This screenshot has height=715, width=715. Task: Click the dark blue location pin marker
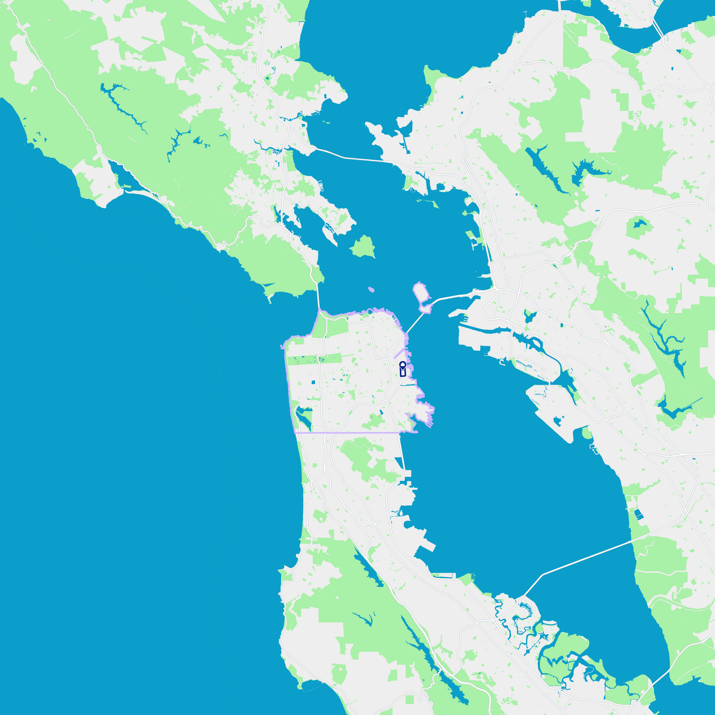(x=402, y=365)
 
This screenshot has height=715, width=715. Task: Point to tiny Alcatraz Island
(x=371, y=289)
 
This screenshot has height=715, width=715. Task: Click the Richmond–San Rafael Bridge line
(x=350, y=158)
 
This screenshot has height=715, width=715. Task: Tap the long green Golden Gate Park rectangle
(x=314, y=359)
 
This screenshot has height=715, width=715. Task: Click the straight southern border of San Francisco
(x=357, y=432)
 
